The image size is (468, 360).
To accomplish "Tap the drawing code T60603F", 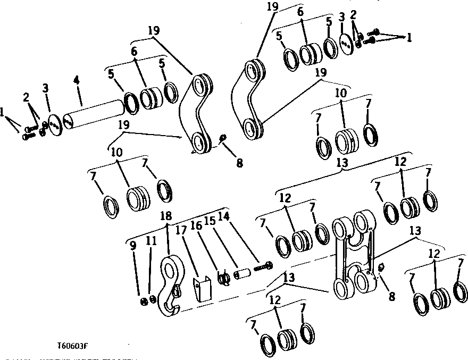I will [x=73, y=346].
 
